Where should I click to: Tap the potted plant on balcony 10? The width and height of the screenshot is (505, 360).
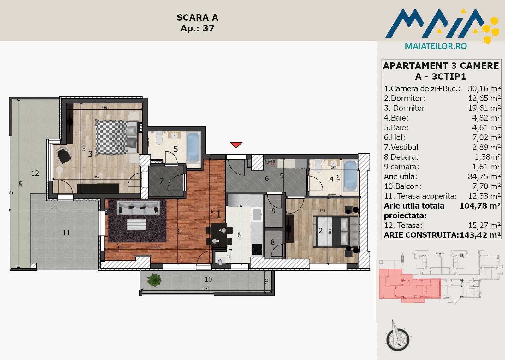point(154,280)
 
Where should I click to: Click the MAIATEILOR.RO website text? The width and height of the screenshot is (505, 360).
point(436,46)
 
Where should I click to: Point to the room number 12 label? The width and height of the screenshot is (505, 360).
point(35,173)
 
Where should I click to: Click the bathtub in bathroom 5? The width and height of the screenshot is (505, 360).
point(193,148)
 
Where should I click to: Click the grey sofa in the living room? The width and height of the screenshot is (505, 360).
point(139,207)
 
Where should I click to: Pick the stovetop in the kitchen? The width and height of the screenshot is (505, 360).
point(257,250)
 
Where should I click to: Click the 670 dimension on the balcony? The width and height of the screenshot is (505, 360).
point(206,288)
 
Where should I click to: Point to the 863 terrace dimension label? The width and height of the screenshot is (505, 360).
point(20,184)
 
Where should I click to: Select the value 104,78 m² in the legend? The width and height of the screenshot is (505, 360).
point(480,206)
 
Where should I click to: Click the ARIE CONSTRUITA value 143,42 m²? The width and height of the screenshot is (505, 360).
point(480,235)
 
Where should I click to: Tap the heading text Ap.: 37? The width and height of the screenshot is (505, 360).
point(198,28)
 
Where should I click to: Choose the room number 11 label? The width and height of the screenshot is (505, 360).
point(66,233)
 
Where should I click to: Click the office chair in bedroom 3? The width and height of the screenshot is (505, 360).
point(64,155)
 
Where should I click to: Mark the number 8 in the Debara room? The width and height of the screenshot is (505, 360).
point(273,242)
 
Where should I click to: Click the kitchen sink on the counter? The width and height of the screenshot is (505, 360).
point(257,214)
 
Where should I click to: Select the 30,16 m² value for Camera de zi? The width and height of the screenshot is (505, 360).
point(484,89)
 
